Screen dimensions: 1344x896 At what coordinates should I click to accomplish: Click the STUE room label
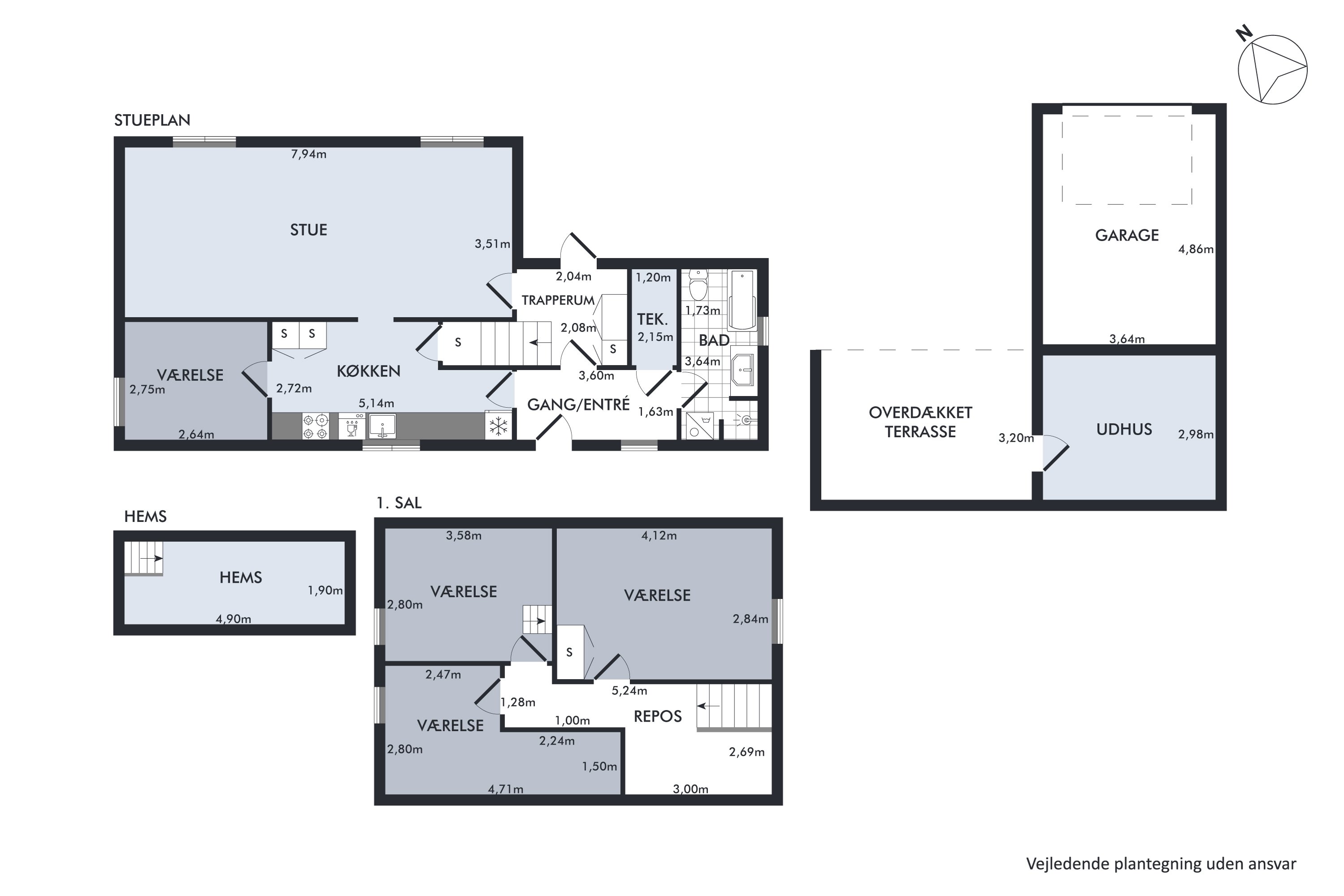[309, 230]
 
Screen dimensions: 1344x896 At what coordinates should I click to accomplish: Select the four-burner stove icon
[315, 426]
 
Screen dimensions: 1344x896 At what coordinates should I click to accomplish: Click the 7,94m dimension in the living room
[309, 154]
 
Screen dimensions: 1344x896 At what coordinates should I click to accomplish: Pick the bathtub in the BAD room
[742, 300]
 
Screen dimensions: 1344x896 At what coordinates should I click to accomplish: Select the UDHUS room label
[1124, 429]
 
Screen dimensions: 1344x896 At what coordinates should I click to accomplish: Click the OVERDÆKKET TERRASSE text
[921, 422]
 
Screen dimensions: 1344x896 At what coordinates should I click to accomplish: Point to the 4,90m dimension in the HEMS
[233, 619]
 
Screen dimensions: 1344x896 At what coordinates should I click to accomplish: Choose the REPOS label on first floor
[658, 716]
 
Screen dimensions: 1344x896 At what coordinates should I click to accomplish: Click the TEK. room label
[653, 319]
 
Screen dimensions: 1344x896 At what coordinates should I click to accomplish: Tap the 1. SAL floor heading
[399, 503]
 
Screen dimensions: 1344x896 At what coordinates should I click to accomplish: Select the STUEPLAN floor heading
[152, 120]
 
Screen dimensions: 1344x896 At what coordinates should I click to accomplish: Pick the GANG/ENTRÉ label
[578, 405]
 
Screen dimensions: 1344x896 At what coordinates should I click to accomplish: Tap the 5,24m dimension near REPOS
[629, 691]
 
